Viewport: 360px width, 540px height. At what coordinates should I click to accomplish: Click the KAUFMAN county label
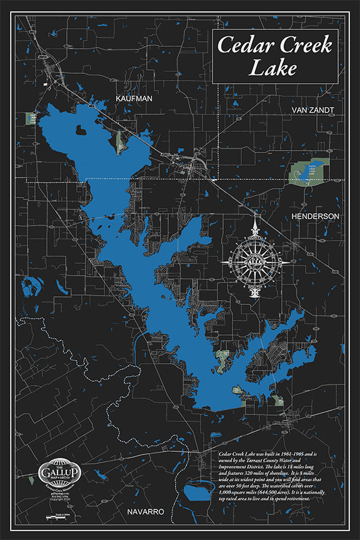pyautogui.click(x=134, y=98)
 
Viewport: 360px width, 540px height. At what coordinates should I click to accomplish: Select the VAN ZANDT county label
pyautogui.click(x=312, y=110)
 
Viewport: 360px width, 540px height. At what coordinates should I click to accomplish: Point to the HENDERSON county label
pyautogui.click(x=315, y=216)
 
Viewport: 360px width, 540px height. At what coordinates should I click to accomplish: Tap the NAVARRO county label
pyautogui.click(x=145, y=511)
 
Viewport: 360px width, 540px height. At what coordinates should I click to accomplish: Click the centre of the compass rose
pyautogui.click(x=254, y=257)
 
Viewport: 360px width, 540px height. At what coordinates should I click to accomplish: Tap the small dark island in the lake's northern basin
pyautogui.click(x=81, y=131)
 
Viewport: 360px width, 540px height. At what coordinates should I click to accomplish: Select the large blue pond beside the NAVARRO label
pyautogui.click(x=199, y=492)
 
